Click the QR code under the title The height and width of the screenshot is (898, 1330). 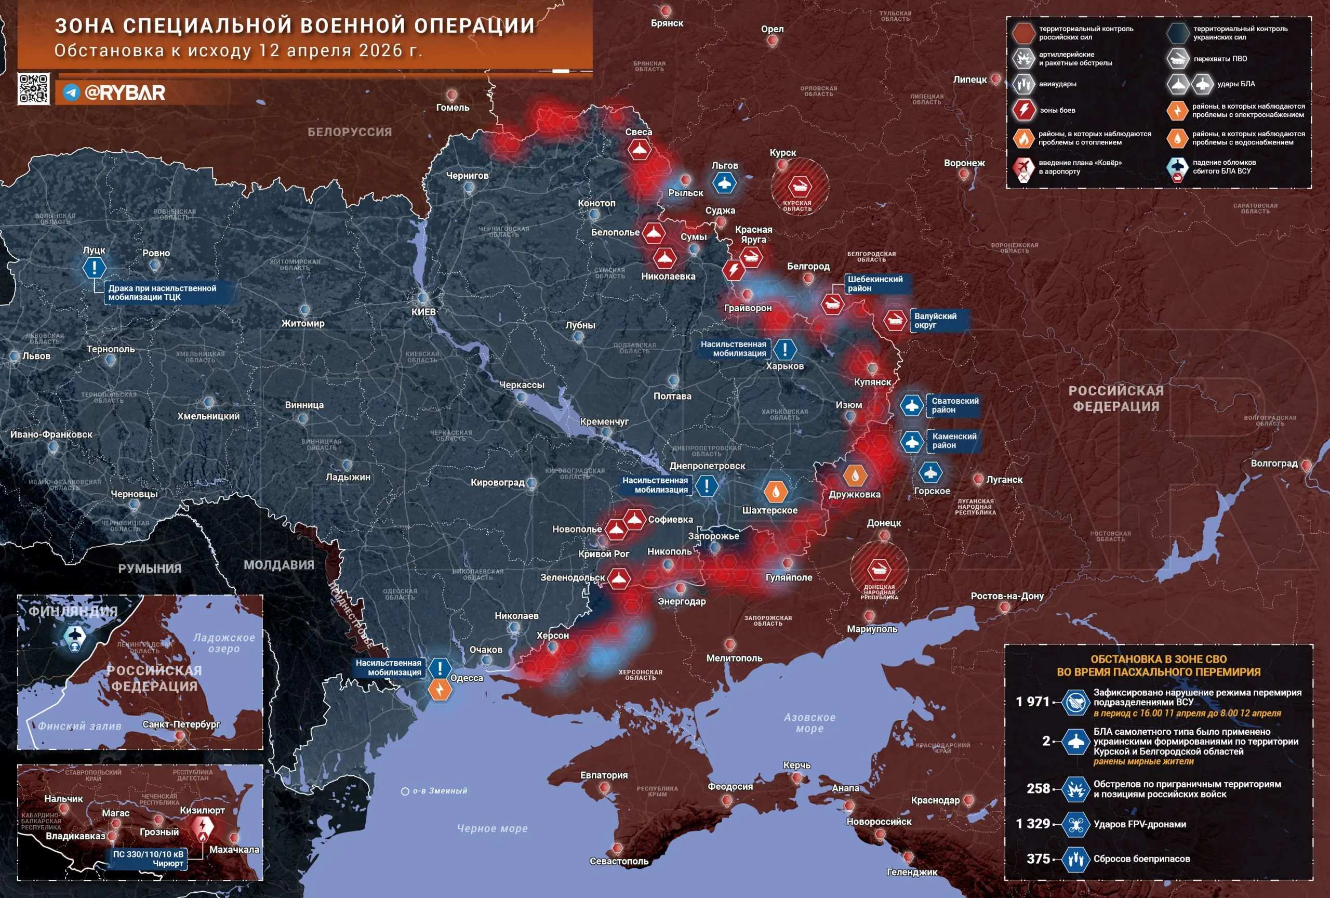click(x=33, y=88)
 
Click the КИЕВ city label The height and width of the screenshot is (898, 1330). click(x=423, y=312)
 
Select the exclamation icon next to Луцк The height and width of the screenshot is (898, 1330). click(x=94, y=267)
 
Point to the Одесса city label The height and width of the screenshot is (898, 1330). click(x=467, y=678)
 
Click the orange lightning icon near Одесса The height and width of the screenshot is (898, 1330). click(x=440, y=690)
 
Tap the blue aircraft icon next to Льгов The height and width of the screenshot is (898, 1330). click(x=724, y=183)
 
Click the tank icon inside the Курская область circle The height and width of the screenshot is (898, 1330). click(x=799, y=186)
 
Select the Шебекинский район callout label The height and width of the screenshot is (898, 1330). click(x=875, y=284)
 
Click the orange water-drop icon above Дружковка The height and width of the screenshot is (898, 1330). click(x=855, y=475)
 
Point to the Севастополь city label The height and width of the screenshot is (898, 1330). click(x=619, y=862)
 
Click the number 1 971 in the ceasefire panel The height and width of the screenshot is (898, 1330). click(x=1032, y=702)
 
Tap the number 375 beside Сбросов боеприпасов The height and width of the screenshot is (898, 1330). click(x=1038, y=859)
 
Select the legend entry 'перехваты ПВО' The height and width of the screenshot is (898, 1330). click(x=1220, y=58)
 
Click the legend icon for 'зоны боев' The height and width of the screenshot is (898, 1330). click(x=1024, y=110)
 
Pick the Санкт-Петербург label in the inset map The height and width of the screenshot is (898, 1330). click(x=181, y=724)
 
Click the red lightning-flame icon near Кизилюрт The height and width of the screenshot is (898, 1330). click(x=202, y=827)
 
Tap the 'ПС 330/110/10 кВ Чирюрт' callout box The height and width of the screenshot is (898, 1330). click(x=148, y=859)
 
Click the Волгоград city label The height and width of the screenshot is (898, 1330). click(x=1274, y=464)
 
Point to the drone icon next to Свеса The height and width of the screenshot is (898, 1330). click(x=639, y=150)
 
